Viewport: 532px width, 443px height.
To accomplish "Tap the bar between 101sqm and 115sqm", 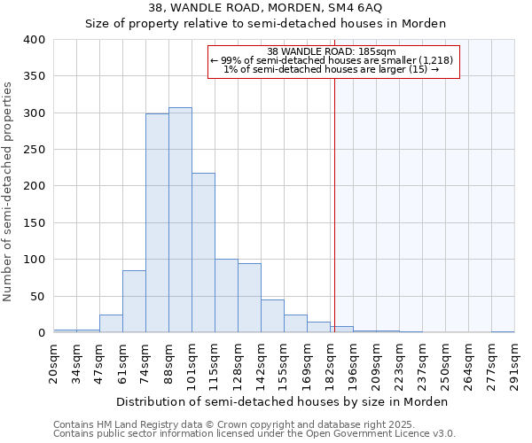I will pyautogui.click(x=203, y=253).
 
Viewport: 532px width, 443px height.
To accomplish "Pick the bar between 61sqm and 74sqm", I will pyautogui.click(x=134, y=301).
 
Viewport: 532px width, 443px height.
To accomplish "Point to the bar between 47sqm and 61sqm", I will pyautogui.click(x=111, y=323).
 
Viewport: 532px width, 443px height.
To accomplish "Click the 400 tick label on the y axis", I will pyautogui.click(x=34, y=40).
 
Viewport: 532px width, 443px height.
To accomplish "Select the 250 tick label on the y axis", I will pyautogui.click(x=34, y=150).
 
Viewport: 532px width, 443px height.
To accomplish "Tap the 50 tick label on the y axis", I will pyautogui.click(x=37, y=296).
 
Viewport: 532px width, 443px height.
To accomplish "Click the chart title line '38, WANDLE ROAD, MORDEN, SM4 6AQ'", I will pyautogui.click(x=266, y=8).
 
